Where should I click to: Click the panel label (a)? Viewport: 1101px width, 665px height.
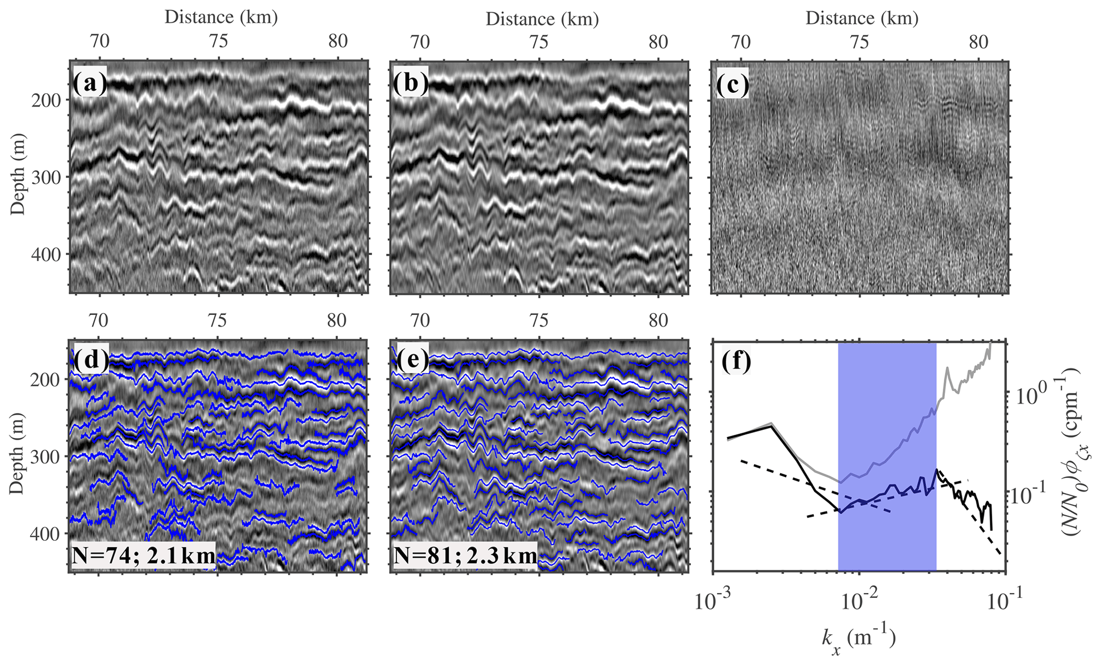[89, 83]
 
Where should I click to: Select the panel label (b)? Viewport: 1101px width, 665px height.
[410, 83]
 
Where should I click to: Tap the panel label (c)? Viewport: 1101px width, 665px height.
[731, 83]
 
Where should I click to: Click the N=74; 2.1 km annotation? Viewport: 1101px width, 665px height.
[143, 556]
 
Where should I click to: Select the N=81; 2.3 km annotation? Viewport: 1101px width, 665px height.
[465, 556]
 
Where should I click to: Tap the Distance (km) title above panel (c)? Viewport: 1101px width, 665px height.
[862, 19]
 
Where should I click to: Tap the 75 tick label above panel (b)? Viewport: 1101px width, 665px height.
[539, 42]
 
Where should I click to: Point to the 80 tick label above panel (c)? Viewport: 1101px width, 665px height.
[978, 42]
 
